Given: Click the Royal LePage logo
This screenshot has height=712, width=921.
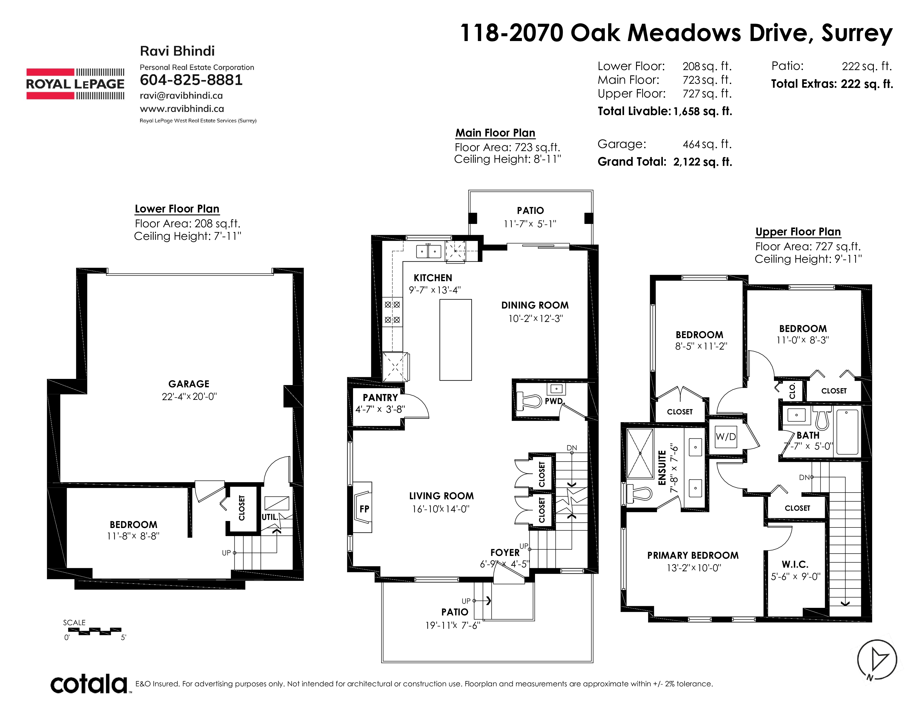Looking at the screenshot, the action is pyautogui.click(x=75, y=84).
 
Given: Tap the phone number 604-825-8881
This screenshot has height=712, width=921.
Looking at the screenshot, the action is pyautogui.click(x=191, y=80).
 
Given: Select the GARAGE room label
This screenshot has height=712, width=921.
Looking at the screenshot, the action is pyautogui.click(x=189, y=384).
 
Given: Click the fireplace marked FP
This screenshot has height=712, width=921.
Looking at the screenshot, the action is pyautogui.click(x=362, y=507).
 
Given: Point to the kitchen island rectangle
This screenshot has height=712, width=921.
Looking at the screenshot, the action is pyautogui.click(x=455, y=340).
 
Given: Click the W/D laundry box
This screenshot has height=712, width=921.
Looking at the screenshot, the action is pyautogui.click(x=726, y=437).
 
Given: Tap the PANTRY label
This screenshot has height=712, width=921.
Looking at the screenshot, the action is pyautogui.click(x=380, y=398).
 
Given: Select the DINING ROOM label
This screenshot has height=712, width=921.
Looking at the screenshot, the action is pyautogui.click(x=535, y=305).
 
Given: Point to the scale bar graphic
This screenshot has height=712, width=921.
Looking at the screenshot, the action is pyautogui.click(x=95, y=631).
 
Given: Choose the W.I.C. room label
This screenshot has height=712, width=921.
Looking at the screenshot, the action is pyautogui.click(x=795, y=564).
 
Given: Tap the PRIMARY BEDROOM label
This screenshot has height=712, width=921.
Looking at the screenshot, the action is pyautogui.click(x=693, y=556).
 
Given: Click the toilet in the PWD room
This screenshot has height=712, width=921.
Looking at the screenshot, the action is pyautogui.click(x=529, y=401).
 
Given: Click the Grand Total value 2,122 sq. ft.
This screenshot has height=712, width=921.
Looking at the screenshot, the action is pyautogui.click(x=702, y=162).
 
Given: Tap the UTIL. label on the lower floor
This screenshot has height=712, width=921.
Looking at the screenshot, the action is pyautogui.click(x=270, y=517).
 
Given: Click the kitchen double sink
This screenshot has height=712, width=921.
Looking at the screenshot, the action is pyautogui.click(x=428, y=251).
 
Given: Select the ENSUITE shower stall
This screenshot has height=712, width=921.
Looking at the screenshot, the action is pyautogui.click(x=640, y=453).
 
